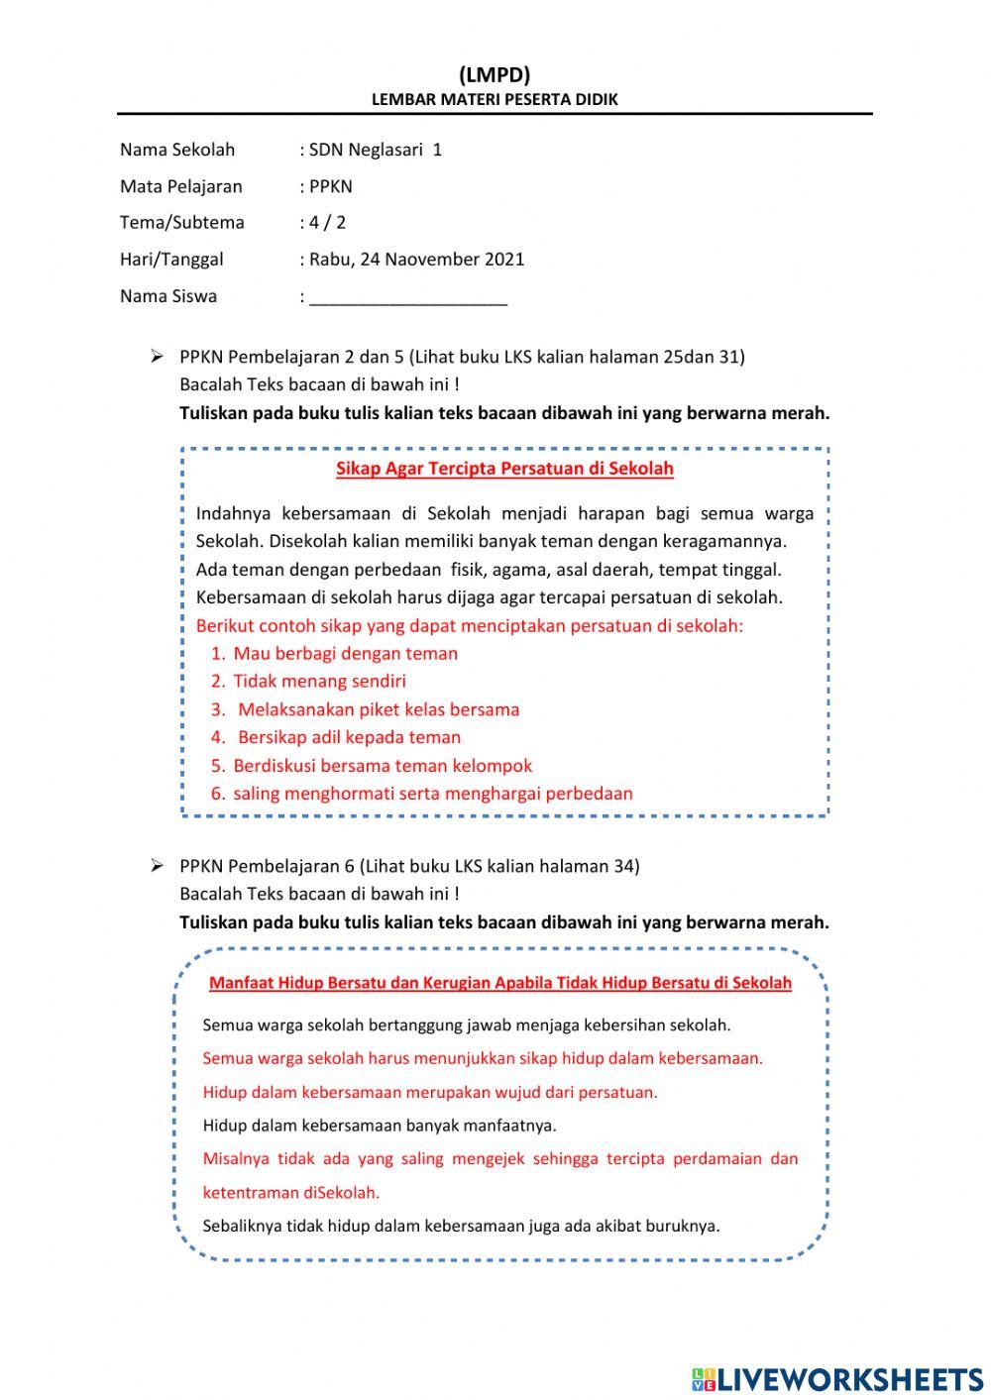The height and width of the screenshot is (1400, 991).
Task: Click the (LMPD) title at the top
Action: point(495,75)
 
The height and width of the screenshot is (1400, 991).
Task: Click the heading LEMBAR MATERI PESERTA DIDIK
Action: point(495,99)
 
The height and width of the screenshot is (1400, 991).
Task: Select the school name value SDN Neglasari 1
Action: point(376,150)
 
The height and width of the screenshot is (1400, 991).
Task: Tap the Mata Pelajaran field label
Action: point(180,186)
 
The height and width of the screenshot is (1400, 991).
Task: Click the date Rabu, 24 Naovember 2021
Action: point(416,260)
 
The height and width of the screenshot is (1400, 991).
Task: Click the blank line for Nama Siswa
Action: point(407,297)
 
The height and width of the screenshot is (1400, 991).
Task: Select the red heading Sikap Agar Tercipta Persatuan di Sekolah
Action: point(504,469)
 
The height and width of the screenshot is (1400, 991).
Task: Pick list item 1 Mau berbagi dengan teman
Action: point(345,653)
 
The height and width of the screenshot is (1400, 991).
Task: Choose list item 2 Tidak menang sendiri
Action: point(319,681)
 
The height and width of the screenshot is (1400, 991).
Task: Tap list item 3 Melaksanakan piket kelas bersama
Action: point(378,709)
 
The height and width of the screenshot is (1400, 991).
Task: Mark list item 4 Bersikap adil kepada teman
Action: point(349,737)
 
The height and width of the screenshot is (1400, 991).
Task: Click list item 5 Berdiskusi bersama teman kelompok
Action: point(383,765)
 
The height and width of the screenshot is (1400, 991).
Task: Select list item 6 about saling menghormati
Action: point(432,793)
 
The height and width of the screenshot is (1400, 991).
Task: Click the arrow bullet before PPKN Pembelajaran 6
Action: point(156,866)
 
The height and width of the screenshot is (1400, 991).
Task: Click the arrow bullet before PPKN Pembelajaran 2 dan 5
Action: point(156,357)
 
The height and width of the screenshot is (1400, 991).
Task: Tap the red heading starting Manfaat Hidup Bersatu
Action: point(499,983)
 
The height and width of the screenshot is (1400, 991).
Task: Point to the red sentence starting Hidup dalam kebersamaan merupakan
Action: point(430,1092)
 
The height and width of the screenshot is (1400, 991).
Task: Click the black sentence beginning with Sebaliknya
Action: point(461,1226)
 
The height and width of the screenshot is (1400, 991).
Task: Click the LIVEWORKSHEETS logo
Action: point(836,1378)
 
